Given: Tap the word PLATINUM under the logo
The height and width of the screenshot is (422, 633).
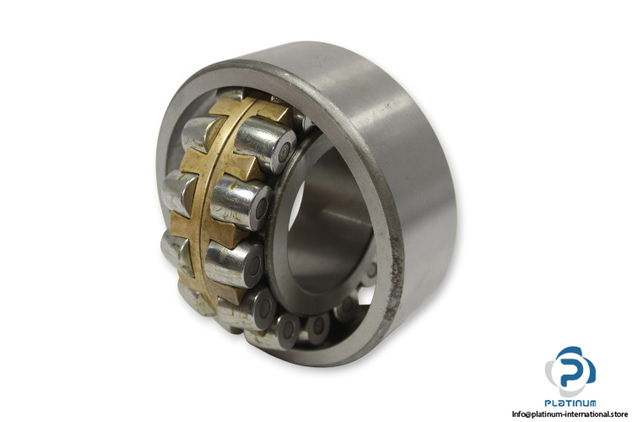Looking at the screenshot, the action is click(570, 403).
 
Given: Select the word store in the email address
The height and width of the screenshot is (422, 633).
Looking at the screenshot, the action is click(617, 414).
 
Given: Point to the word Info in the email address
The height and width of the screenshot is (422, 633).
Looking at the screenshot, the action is click(518, 414).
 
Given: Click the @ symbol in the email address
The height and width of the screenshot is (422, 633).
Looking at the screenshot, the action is click(528, 414).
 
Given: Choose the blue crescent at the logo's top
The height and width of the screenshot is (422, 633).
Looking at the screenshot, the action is click(572, 350).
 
